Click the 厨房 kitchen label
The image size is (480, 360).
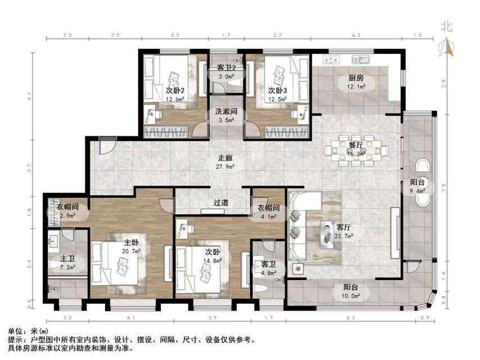point(354,78)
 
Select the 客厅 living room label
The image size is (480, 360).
point(343,228)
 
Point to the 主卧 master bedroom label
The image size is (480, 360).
point(131,243)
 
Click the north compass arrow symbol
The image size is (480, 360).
point(448,46)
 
